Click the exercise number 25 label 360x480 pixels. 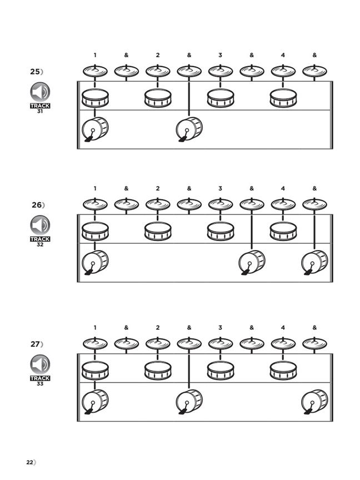coord(36,72)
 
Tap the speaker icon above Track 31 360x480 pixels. coord(40,92)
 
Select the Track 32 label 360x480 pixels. coord(40,241)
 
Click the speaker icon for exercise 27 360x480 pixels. coord(40,364)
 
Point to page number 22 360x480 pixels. coord(30,462)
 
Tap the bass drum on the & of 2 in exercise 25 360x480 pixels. coord(189,129)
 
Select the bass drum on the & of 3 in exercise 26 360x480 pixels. coord(252,262)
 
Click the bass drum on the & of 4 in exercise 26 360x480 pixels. coord(314,262)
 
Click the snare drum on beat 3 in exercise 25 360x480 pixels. coord(220,98)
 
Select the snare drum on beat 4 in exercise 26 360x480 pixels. coord(283,231)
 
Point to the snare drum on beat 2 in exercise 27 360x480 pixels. coord(158,371)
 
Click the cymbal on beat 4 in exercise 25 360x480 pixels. coord(283,71)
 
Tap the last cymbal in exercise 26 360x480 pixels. coord(314,204)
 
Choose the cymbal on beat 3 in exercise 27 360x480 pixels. coord(220,344)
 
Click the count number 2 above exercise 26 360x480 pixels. coord(158,188)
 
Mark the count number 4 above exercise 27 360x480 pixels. coord(283,328)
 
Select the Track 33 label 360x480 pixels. coord(40,380)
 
